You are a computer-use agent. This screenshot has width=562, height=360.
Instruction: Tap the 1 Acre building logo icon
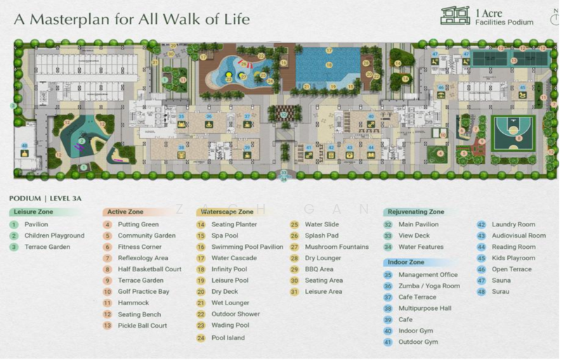point(455,16)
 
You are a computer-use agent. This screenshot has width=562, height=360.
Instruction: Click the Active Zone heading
point(124,212)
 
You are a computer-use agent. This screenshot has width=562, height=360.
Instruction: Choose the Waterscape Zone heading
point(227,212)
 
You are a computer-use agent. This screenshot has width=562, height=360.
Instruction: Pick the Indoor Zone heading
point(406,262)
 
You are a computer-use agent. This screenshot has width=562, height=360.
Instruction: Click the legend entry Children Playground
point(54,236)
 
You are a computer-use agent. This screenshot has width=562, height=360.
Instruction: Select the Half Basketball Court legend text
point(149,269)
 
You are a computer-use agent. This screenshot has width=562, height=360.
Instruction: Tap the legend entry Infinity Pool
point(229,269)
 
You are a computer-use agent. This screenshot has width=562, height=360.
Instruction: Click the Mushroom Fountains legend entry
point(336,247)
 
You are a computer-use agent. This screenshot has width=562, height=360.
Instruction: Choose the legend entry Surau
point(501,291)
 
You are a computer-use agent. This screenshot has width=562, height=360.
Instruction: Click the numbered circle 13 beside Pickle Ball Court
point(107,326)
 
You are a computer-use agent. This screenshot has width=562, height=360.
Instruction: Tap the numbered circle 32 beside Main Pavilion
point(388,224)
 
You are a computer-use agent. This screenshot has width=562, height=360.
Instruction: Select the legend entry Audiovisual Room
point(518,236)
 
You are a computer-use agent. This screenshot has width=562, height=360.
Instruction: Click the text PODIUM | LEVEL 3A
point(45,199)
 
